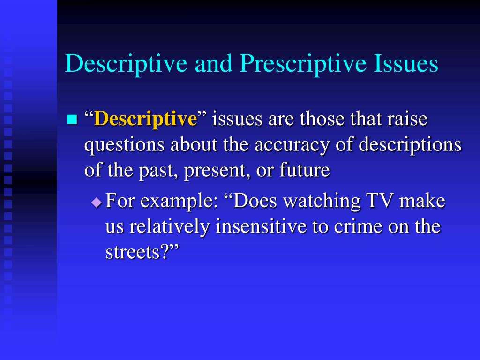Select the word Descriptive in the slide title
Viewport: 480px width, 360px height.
tap(126, 63)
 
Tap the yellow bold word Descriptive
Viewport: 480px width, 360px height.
tap(145, 119)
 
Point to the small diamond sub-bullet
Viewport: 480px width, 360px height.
tap(97, 202)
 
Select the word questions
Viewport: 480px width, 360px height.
tap(124, 145)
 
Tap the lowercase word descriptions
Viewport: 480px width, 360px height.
tap(410, 144)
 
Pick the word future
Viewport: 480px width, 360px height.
tap(305, 170)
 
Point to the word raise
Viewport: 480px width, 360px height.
tap(407, 119)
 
